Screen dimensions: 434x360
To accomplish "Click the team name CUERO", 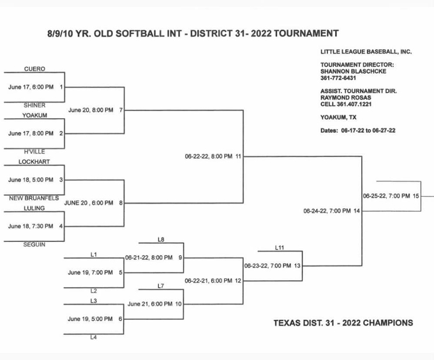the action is click(34, 69).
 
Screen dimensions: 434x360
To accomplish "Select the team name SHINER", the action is click(34, 105).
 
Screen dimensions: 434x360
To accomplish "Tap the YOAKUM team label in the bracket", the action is click(34, 115).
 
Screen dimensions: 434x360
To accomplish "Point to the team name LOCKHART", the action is click(34, 161).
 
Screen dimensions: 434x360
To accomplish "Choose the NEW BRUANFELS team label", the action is click(34, 198).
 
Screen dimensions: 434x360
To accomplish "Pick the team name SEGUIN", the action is click(34, 244).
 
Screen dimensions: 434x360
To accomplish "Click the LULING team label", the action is click(34, 208).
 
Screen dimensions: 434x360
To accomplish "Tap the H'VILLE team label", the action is click(34, 152).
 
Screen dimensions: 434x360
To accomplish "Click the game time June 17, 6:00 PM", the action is click(31, 87).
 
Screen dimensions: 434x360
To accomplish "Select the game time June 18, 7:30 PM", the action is click(31, 227).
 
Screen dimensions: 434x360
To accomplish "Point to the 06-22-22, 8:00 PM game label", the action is click(209, 156).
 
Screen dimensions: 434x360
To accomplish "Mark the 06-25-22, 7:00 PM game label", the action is click(386, 196).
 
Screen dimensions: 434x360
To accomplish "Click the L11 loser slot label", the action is click(280, 248).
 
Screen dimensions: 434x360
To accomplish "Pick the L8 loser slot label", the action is click(161, 239).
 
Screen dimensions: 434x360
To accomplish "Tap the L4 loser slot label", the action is click(94, 337).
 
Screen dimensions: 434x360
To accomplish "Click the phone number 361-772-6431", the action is click(338, 78).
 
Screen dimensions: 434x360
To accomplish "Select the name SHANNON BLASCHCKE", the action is click(354, 71).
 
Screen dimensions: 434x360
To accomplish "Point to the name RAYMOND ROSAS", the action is click(346, 98).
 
